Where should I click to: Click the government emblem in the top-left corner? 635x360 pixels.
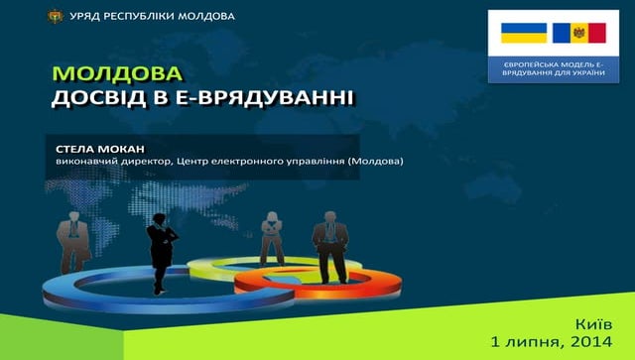pyautogui.click(x=55, y=16)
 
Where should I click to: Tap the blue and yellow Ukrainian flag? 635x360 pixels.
pyautogui.click(x=523, y=33)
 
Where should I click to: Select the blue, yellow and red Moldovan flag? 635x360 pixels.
pyautogui.click(x=577, y=33)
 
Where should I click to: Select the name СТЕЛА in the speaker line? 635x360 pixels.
pyautogui.click(x=75, y=146)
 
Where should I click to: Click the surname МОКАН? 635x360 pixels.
pyautogui.click(x=121, y=146)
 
